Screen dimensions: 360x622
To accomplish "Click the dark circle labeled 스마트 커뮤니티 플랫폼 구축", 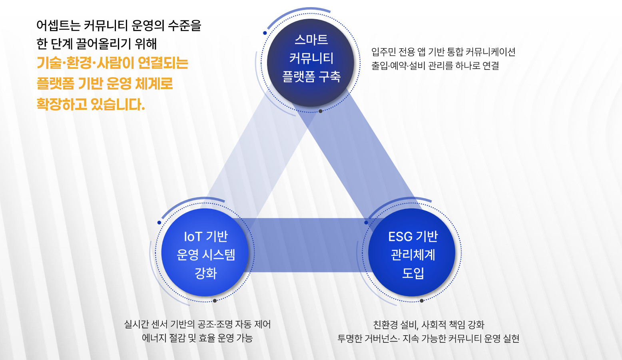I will click(x=311, y=63).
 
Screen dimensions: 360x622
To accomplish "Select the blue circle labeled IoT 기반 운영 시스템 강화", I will click(x=205, y=253).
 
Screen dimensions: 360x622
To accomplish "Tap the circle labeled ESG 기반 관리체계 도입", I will click(x=412, y=253).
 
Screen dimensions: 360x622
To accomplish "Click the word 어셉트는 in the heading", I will click(x=58, y=26).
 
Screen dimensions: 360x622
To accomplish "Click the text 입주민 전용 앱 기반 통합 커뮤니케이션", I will click(x=443, y=52).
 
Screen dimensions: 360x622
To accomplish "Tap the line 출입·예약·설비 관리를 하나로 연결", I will click(x=435, y=66).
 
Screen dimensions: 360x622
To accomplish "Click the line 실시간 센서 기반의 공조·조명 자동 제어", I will click(x=197, y=324).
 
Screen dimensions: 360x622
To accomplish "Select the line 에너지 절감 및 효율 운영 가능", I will click(x=197, y=338).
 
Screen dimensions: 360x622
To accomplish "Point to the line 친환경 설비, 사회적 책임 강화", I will click(x=429, y=324).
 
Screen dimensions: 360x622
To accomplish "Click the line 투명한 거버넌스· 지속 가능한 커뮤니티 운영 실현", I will click(x=429, y=338).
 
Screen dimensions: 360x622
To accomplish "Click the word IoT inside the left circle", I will click(x=193, y=237).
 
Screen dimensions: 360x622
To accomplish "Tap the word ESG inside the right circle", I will click(x=400, y=237).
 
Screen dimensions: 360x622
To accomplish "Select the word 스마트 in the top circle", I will click(x=311, y=40).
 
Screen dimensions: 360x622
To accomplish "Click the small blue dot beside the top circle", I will click(x=265, y=33).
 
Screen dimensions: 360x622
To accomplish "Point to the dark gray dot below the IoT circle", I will click(x=215, y=301).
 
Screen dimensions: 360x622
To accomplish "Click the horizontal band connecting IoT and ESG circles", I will click(x=308, y=245).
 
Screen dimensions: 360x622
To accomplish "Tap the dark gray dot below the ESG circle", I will click(x=421, y=301).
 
